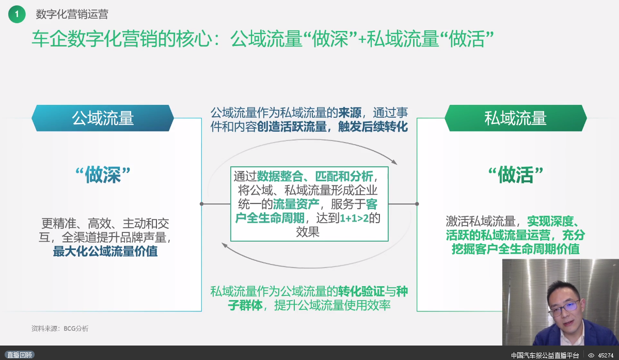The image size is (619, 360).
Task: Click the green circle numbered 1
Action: click(17, 14)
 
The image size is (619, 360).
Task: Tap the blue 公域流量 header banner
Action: click(103, 118)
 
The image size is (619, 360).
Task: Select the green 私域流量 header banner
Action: click(516, 118)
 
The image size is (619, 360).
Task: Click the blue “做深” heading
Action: click(103, 175)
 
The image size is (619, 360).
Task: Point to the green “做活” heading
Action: click(516, 175)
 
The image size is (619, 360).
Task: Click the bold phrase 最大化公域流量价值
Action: click(105, 252)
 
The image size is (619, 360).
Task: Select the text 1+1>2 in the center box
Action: click(354, 218)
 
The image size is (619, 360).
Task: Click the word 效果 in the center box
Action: click(308, 232)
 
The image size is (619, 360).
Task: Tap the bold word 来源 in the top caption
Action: click(350, 113)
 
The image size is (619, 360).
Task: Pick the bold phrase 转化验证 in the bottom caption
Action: click(361, 292)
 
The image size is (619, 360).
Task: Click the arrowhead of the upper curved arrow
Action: click(394, 162)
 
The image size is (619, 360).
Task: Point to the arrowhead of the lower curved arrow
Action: click(225, 245)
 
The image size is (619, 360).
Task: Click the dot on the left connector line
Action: click(202, 204)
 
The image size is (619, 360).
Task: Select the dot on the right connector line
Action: click(417, 204)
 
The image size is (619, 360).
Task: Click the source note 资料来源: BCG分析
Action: click(60, 328)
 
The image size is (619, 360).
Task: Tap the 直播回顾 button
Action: click(19, 355)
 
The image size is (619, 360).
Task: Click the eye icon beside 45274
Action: click(591, 355)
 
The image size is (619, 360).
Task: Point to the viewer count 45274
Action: click(606, 355)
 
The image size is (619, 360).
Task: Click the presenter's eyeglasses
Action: click(564, 307)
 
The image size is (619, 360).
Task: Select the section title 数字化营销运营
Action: click(72, 14)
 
